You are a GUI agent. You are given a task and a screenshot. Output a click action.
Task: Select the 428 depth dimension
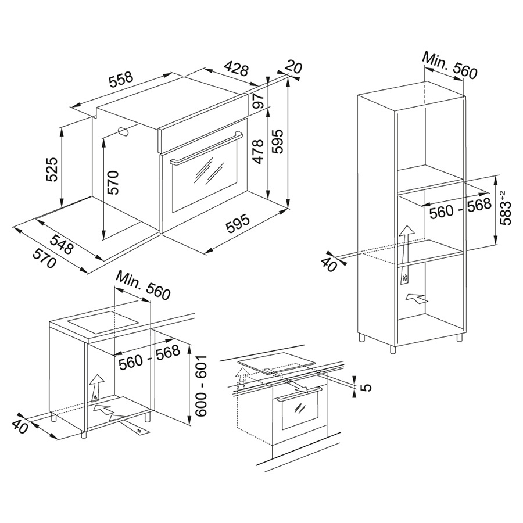237,69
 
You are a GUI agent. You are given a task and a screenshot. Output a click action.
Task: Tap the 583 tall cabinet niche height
507,209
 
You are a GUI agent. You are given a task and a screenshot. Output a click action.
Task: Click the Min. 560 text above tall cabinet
449,65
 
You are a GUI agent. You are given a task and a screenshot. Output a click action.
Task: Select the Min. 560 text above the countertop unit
143,285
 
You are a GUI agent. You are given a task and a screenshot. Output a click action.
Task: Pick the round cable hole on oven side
123,132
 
